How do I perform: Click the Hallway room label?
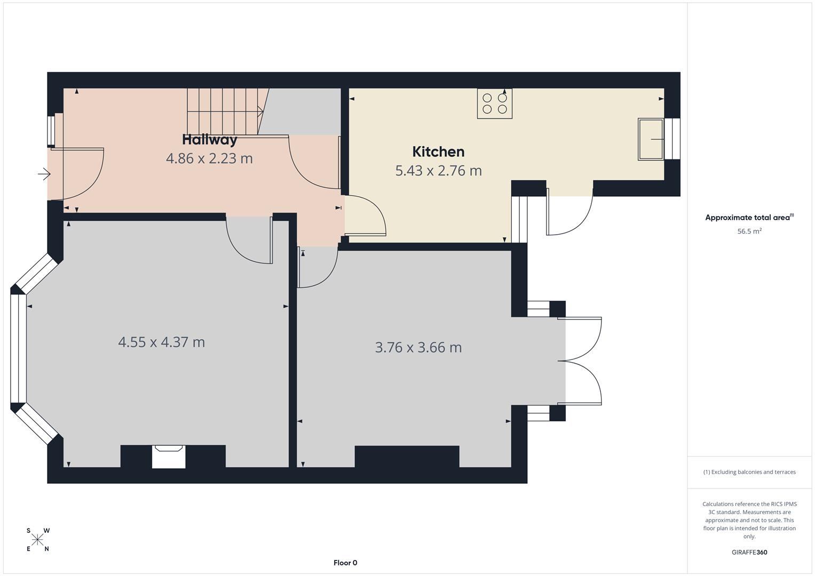pos(209,140)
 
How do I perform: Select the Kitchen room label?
pos(438,152)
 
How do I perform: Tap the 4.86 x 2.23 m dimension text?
pos(209,158)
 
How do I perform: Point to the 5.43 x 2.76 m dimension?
pos(438,171)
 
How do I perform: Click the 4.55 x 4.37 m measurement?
pos(161,342)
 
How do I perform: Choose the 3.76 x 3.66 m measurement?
pos(418,347)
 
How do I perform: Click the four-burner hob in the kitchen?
pos(494,103)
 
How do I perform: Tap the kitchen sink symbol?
pos(651,139)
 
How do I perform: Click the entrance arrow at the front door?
pos(44,174)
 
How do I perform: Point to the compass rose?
pos(37,540)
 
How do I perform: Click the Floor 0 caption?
pos(345,563)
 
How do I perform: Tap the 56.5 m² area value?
pos(749,231)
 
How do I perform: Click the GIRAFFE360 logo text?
pos(749,553)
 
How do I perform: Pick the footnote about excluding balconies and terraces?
pos(749,472)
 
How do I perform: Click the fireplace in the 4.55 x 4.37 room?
pos(169,457)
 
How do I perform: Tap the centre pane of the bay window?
pos(18,348)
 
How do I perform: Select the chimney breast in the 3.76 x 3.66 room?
pos(407,456)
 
